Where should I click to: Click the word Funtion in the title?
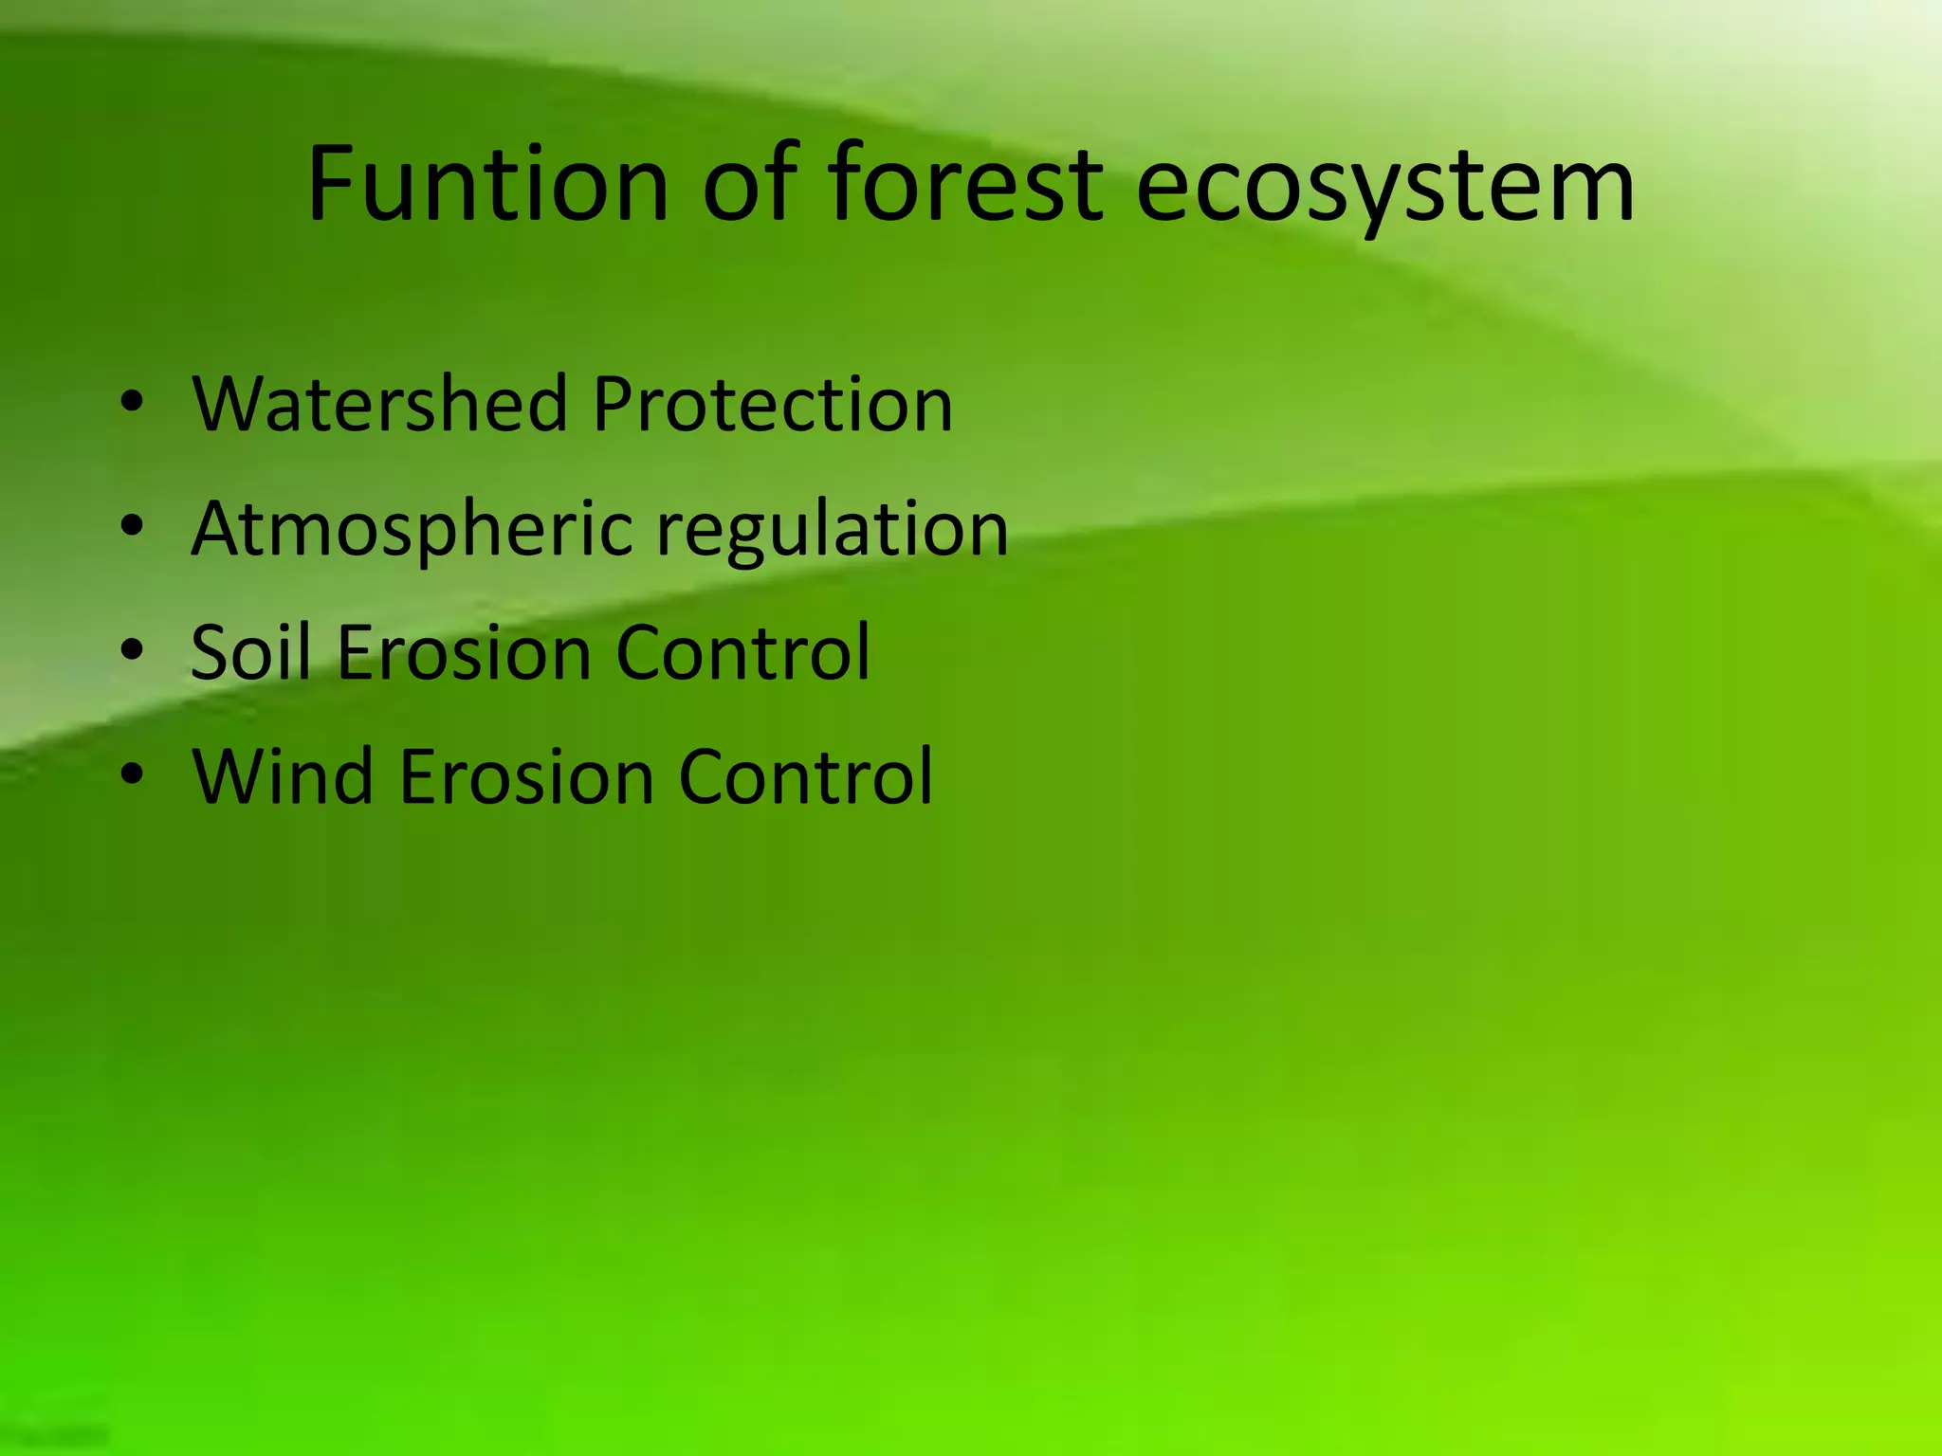pyautogui.click(x=488, y=184)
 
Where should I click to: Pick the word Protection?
pyautogui.click(x=772, y=405)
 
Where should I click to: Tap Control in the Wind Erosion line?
pyautogui.click(x=806, y=776)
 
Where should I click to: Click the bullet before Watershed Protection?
pyautogui.click(x=132, y=404)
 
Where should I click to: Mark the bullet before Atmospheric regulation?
pyautogui.click(x=132, y=527)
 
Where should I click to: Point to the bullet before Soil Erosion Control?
pyautogui.click(x=132, y=651)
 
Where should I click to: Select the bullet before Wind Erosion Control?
pyautogui.click(x=132, y=775)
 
